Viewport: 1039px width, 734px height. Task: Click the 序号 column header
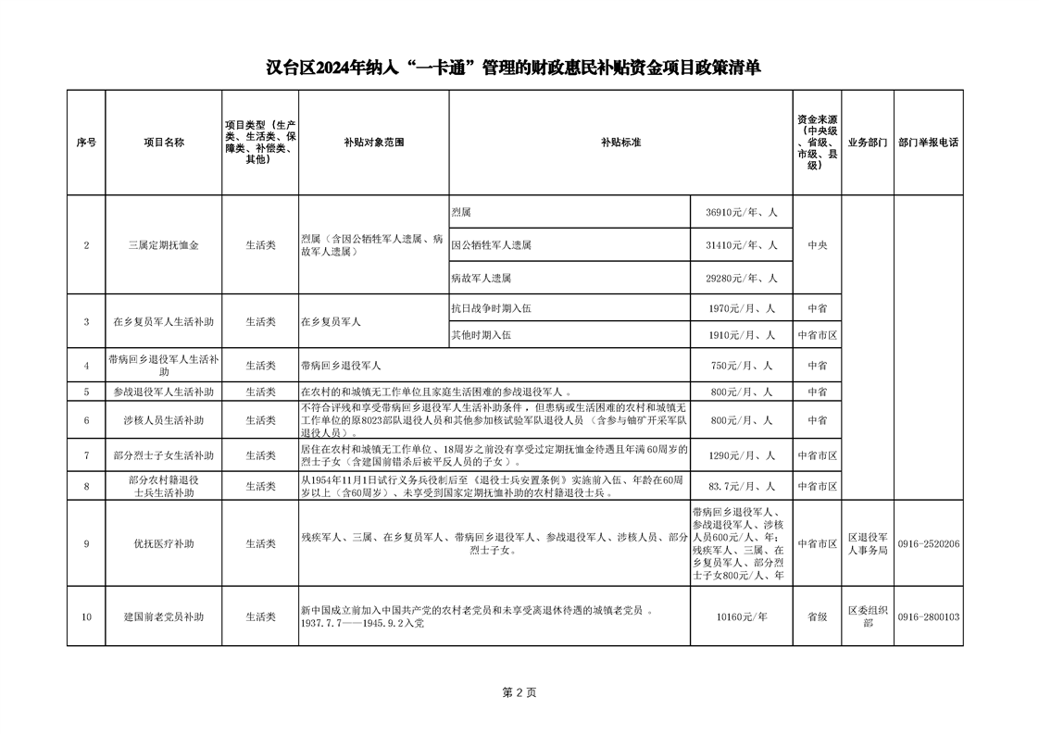86,143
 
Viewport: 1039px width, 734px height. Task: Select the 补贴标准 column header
620,143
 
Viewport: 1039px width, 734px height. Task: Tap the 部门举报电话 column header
928,143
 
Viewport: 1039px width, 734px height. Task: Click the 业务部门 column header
868,143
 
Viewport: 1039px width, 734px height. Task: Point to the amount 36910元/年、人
741,212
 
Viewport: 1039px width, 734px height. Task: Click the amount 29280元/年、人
741,278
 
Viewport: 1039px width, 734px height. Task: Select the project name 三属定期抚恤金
164,245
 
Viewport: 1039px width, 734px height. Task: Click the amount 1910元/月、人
741,335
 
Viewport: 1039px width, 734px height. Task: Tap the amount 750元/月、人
741,366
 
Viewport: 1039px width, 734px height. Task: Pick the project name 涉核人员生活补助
164,420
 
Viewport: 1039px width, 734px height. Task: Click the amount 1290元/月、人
741,455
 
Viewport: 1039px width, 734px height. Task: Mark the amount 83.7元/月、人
741,486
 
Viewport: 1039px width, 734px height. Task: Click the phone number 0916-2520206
928,543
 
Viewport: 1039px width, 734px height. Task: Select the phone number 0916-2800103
928,616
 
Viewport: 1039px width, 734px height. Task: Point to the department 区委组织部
868,616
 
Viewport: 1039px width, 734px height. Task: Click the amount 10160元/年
741,616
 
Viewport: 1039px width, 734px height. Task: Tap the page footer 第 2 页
519,692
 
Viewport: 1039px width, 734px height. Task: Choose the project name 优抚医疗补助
164,543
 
